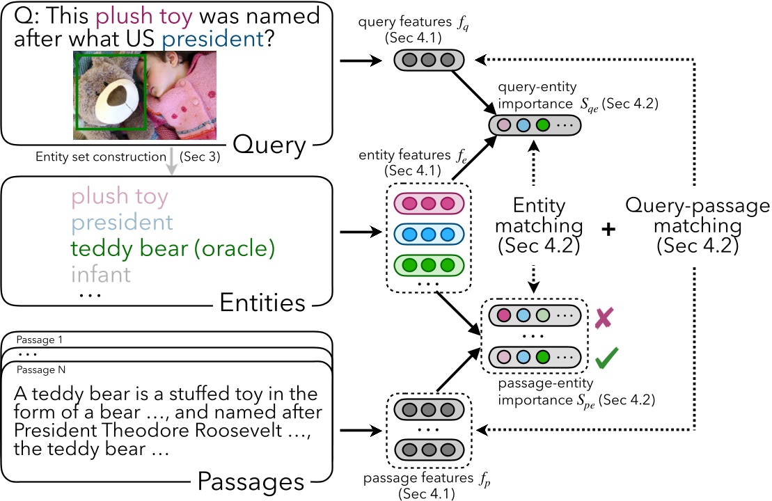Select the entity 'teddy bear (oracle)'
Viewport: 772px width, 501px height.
(x=173, y=248)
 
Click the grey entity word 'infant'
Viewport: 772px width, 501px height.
(x=100, y=274)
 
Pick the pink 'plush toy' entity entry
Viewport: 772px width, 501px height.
(x=119, y=197)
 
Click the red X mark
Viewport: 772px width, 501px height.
(x=604, y=320)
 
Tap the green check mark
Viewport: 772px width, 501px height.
(x=607, y=360)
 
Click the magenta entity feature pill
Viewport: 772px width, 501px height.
(x=429, y=203)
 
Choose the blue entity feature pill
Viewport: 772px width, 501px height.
(x=429, y=234)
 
